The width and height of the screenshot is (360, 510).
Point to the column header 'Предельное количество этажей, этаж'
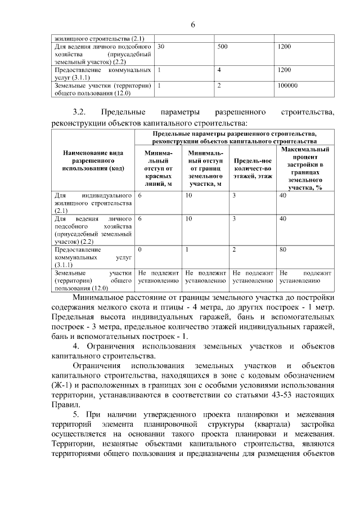(x=253, y=168)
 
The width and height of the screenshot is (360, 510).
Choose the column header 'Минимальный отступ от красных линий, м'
(x=158, y=168)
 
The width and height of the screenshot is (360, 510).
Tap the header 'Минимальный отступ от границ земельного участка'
(x=205, y=168)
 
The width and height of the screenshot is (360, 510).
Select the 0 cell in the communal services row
(x=140, y=248)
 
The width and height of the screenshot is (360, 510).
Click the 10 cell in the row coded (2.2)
(x=189, y=218)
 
